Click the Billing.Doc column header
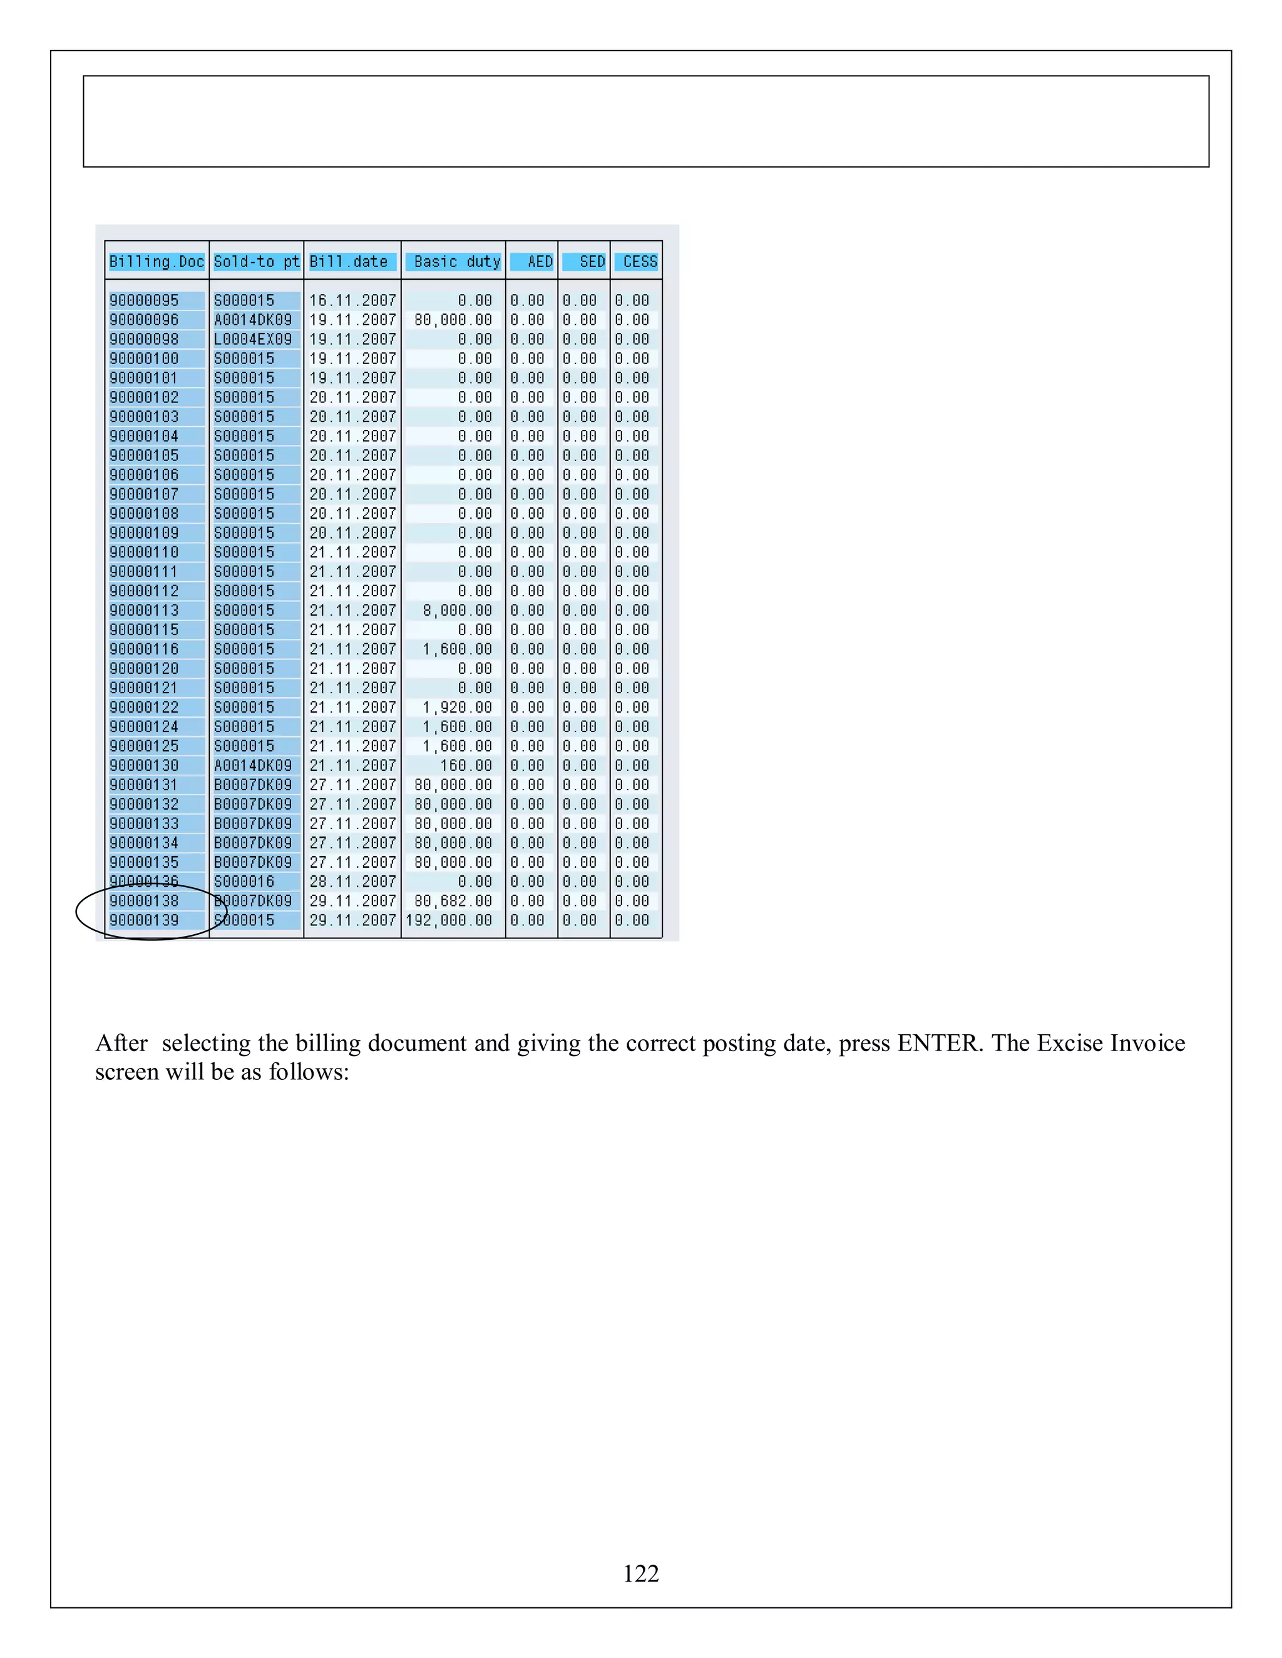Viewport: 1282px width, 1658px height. click(156, 262)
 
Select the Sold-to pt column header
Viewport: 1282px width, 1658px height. click(257, 262)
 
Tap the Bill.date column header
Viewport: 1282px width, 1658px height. click(349, 262)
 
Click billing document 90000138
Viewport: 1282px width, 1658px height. click(145, 901)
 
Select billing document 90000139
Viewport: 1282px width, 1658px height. click(145, 921)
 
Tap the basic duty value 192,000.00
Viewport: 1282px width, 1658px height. click(449, 921)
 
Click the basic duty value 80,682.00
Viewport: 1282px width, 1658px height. click(453, 901)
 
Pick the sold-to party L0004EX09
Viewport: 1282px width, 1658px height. click(253, 339)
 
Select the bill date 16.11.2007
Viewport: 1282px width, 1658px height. click(352, 300)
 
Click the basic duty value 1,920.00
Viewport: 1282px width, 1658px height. click(457, 708)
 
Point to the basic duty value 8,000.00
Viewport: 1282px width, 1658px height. click(457, 611)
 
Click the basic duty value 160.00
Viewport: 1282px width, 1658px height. click(466, 766)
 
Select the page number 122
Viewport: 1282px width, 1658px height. click(641, 1574)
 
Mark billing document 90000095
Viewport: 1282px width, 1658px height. click(145, 300)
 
